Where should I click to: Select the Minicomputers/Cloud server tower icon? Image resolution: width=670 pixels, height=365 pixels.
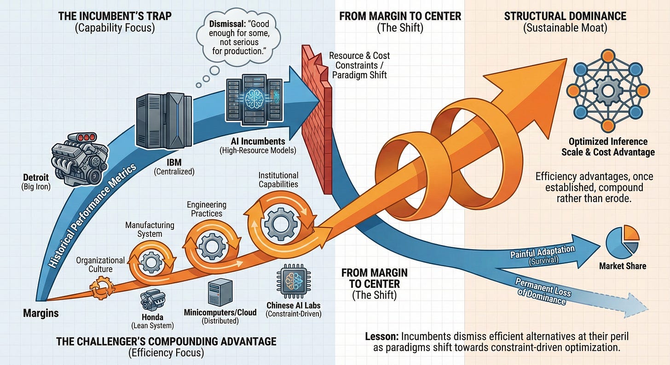pyautogui.click(x=219, y=293)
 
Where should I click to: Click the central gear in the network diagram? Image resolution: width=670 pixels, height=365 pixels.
pyautogui.click(x=607, y=90)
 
